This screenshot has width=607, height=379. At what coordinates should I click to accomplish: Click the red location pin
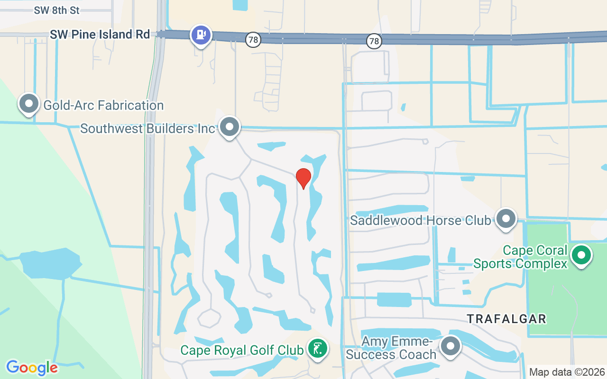click(303, 178)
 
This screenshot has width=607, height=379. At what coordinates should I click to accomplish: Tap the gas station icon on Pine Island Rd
click(201, 35)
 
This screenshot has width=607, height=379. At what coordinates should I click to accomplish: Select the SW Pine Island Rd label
click(100, 35)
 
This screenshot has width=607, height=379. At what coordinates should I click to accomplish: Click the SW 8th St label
click(57, 10)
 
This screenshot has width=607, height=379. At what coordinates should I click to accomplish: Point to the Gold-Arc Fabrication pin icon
click(28, 103)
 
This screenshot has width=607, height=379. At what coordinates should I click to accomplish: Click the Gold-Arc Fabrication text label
click(103, 105)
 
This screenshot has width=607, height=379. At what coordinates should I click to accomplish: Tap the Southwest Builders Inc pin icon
click(230, 127)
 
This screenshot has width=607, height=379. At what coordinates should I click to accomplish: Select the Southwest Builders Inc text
click(147, 128)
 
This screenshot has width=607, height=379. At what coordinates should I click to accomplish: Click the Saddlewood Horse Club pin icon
click(506, 219)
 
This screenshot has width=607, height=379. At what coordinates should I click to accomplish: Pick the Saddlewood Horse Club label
click(420, 220)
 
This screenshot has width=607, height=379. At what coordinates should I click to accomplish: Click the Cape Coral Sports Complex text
click(521, 257)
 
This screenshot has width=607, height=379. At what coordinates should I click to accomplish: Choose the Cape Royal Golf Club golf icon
click(317, 349)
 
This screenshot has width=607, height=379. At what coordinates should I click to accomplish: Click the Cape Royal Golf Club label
click(242, 350)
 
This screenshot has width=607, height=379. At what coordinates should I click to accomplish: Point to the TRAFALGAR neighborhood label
click(506, 319)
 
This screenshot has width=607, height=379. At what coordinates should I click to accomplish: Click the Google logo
click(32, 368)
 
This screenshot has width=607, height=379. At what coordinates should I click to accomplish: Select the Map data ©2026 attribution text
click(567, 372)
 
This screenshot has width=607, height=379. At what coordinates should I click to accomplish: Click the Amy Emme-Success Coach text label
click(391, 348)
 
